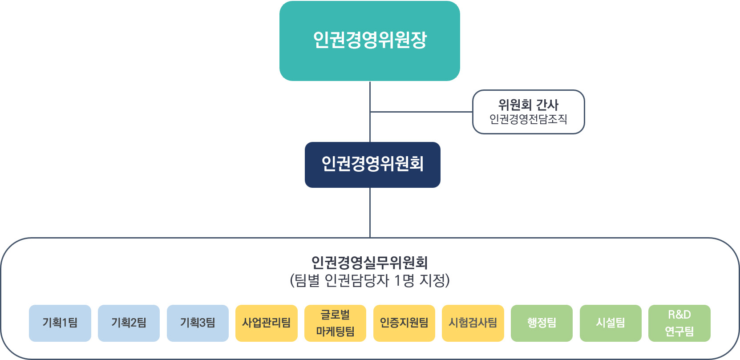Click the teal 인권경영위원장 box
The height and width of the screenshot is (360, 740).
[x=369, y=41]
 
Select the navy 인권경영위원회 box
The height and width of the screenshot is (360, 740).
[x=372, y=165]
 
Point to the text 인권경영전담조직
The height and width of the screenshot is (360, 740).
[x=528, y=119]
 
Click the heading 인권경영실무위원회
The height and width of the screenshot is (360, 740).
[x=369, y=263]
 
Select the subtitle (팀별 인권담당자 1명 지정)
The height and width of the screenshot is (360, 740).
[x=369, y=280]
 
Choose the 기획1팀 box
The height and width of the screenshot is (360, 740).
[x=60, y=323]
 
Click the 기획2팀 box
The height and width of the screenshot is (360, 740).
[x=129, y=323]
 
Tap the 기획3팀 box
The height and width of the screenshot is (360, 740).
[x=198, y=323]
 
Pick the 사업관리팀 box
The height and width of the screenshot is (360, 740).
[x=266, y=323]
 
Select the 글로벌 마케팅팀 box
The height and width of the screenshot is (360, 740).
[x=335, y=323]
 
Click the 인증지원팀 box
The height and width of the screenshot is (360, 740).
[x=404, y=323]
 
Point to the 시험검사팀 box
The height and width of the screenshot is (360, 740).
[x=473, y=323]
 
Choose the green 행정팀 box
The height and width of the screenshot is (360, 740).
[x=542, y=323]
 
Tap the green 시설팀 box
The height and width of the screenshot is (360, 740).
[x=611, y=323]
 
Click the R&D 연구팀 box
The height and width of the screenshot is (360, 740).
[x=679, y=323]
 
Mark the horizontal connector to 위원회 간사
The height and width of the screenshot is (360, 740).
[x=421, y=112]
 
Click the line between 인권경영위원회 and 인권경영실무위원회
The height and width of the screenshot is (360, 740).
[x=370, y=213]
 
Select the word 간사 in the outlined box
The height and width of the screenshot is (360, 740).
[x=547, y=105]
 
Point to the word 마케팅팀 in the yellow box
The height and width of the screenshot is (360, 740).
[x=335, y=332]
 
